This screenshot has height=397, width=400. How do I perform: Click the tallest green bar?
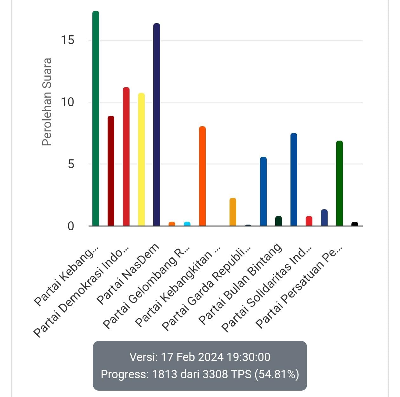pyautogui.click(x=96, y=118)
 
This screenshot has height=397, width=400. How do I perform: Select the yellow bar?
pyautogui.click(x=141, y=159)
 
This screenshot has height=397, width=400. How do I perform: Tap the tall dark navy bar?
pyautogui.click(x=157, y=125)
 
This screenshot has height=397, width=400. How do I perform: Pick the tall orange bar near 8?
pyautogui.click(x=202, y=176)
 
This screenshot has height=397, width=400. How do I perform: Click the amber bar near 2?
pyautogui.click(x=233, y=212)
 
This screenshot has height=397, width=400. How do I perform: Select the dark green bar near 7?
pyautogui.click(x=339, y=183)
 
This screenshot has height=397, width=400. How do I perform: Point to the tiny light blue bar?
pyautogui.click(x=187, y=224)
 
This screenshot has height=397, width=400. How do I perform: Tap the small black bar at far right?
pyautogui.click(x=355, y=224)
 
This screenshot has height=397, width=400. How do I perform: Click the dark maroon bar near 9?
pyautogui.click(x=111, y=171)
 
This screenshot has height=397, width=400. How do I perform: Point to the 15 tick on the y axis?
pyautogui.click(x=68, y=40)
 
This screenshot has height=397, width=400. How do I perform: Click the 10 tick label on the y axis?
pyautogui.click(x=68, y=102)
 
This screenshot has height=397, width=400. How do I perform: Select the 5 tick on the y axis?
pyautogui.click(x=71, y=164)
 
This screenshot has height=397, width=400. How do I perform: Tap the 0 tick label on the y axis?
pyautogui.click(x=71, y=226)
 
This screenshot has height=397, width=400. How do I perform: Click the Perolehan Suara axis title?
pyautogui.click(x=47, y=102)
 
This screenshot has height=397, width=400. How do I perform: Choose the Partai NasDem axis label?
pyautogui.click(x=128, y=274)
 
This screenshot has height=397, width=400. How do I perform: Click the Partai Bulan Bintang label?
pyautogui.click(x=240, y=283)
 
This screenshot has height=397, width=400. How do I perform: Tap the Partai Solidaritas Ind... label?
pyautogui.click(x=267, y=289)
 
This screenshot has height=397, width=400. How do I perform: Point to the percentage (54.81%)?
pyautogui.click(x=277, y=374)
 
